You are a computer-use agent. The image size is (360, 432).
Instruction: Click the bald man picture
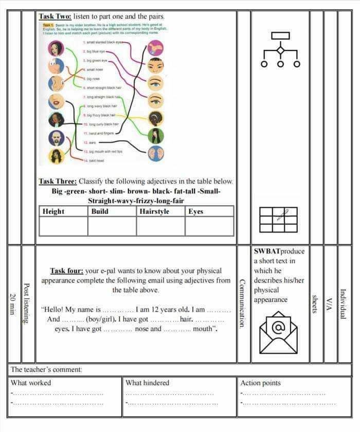[x=56, y=138]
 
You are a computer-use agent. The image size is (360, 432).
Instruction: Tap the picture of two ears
[x=155, y=153]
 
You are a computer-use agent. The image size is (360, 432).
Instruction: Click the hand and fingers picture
[x=155, y=48]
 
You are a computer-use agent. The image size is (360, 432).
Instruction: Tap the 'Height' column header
[x=53, y=211]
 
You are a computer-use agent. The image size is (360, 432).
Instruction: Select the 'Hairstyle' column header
[x=154, y=211]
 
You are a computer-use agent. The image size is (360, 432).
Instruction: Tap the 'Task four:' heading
[x=66, y=271]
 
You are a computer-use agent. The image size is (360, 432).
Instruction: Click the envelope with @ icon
[x=278, y=332]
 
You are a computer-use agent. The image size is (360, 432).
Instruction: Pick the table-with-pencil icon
[x=278, y=220]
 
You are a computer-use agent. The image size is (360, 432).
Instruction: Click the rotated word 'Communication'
[x=242, y=303]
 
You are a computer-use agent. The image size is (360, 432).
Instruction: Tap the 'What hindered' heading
[x=148, y=383]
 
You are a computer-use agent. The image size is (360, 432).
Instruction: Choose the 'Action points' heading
[x=261, y=383]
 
